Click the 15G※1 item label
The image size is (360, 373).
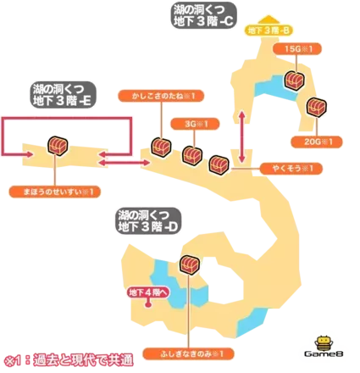coord(294,49)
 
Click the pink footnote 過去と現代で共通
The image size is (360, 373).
coord(68,359)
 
